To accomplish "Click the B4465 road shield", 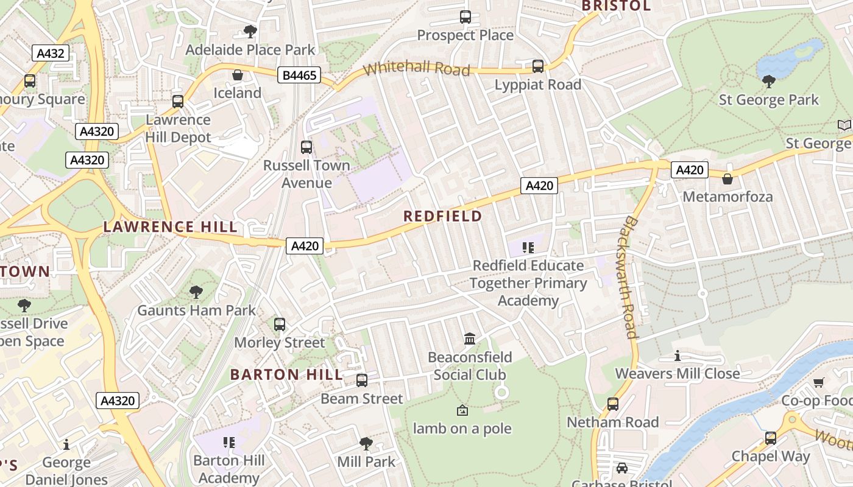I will coord(299,75).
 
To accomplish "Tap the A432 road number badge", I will coord(51,53).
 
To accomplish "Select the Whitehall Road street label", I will coord(417,68).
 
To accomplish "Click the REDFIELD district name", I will coord(442,216).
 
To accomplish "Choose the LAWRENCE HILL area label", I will coord(170,227).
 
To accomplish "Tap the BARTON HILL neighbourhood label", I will coord(286,374).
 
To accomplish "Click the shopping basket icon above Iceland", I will coord(237,75).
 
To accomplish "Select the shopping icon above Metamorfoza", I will coord(727,178).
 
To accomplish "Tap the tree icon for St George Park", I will coord(769,81).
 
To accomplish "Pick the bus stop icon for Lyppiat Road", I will coord(538,66).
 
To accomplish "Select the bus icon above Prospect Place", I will coord(465,17).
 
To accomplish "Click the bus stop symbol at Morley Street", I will coord(280,324).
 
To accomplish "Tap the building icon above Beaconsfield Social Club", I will coord(470,338).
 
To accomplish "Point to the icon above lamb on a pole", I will coord(462,411).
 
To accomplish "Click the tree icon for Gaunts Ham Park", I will coord(196,292).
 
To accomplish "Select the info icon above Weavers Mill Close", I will coord(677,356).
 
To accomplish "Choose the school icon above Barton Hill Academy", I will coord(229,443).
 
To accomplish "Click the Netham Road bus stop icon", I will coord(613,404).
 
